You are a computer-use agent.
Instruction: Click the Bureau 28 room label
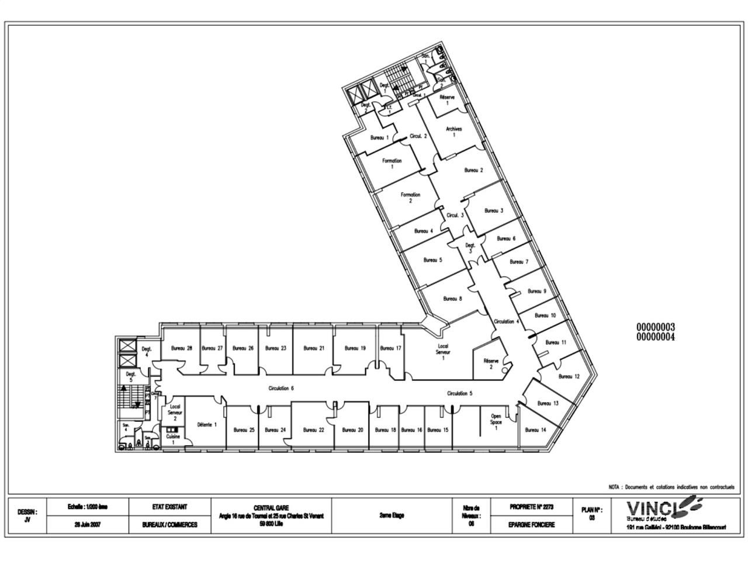(x=181, y=348)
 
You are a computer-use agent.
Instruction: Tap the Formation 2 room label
(x=410, y=198)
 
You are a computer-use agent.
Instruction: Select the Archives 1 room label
(x=454, y=132)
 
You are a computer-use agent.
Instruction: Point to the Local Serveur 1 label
(x=444, y=352)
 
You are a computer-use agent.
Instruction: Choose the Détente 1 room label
(x=207, y=424)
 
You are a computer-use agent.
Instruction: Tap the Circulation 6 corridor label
(x=281, y=389)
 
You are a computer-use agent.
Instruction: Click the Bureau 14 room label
(x=535, y=430)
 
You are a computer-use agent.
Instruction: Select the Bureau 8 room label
(x=452, y=299)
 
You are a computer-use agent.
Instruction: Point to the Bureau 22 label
(x=314, y=430)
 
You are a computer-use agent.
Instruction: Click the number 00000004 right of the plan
(x=655, y=337)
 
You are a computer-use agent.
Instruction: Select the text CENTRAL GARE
(x=271, y=508)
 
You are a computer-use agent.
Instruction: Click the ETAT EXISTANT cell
(x=169, y=507)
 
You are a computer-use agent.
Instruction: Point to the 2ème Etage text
(x=392, y=515)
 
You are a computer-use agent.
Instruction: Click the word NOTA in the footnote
(x=614, y=487)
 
